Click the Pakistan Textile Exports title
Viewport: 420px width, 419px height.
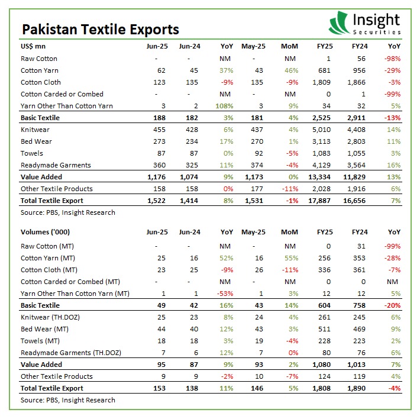tap(100, 29)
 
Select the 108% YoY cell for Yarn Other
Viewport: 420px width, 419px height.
tap(224, 106)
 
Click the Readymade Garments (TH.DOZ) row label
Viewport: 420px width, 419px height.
tap(70, 353)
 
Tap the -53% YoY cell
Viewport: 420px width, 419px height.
tap(225, 294)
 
